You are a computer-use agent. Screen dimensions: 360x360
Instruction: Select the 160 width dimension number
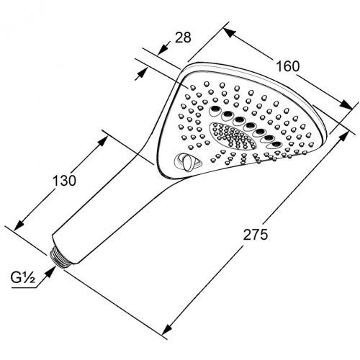pyautogui.click(x=286, y=66)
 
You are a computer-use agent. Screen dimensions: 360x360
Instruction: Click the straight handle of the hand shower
pyautogui.click(x=101, y=209)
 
